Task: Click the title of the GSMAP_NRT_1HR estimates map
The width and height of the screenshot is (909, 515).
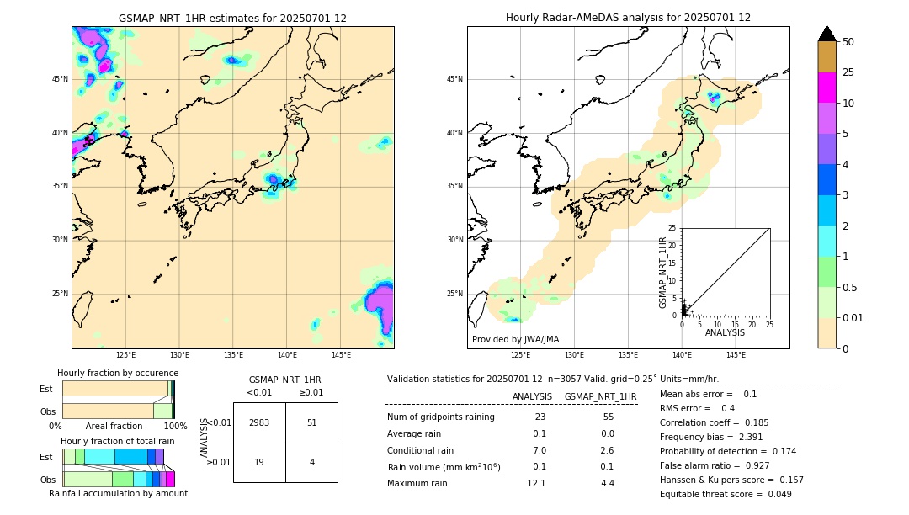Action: [x=232, y=18]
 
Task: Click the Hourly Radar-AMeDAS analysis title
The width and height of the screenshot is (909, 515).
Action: [x=628, y=18]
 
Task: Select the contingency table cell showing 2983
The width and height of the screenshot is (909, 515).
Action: [x=259, y=422]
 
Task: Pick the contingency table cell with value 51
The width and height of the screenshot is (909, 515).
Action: [x=311, y=422]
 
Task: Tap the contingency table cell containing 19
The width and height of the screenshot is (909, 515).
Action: [x=259, y=462]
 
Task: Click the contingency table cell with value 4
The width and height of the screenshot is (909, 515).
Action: [x=311, y=462]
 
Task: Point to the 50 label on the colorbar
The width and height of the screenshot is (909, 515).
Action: [x=848, y=42]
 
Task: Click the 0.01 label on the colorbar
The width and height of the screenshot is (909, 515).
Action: [x=853, y=317]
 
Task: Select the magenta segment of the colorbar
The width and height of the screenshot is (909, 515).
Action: [x=827, y=88]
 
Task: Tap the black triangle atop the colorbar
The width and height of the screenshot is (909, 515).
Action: [x=827, y=34]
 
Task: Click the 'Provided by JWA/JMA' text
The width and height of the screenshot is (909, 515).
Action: [x=515, y=339]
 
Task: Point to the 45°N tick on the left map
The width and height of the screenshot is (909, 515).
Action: [x=60, y=79]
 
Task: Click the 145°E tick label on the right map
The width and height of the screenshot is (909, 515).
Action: [x=736, y=355]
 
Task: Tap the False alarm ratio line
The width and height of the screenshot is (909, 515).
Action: [x=715, y=464]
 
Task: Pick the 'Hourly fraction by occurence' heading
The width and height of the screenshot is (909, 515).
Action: [x=118, y=373]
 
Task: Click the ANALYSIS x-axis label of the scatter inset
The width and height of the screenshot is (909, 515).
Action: [x=725, y=332]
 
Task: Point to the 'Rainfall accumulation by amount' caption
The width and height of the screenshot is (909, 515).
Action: [x=118, y=493]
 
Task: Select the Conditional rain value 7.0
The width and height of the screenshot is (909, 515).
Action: [x=539, y=450]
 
